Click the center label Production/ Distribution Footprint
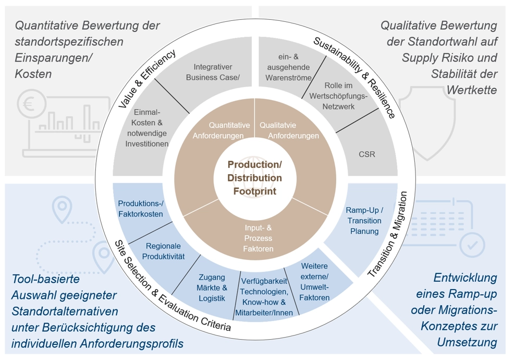[254, 178]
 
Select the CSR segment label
[366, 154]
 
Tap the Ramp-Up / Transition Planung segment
[364, 221]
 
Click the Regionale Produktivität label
[163, 251]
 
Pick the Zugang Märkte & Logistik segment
[213, 288]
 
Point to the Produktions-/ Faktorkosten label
[140, 209]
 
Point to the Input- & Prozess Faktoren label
[258, 238]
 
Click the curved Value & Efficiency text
[146, 79]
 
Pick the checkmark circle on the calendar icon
[474, 244]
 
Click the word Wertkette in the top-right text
[471, 90]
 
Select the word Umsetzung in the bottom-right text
[471, 343]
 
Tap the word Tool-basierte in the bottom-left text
[46, 279]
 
